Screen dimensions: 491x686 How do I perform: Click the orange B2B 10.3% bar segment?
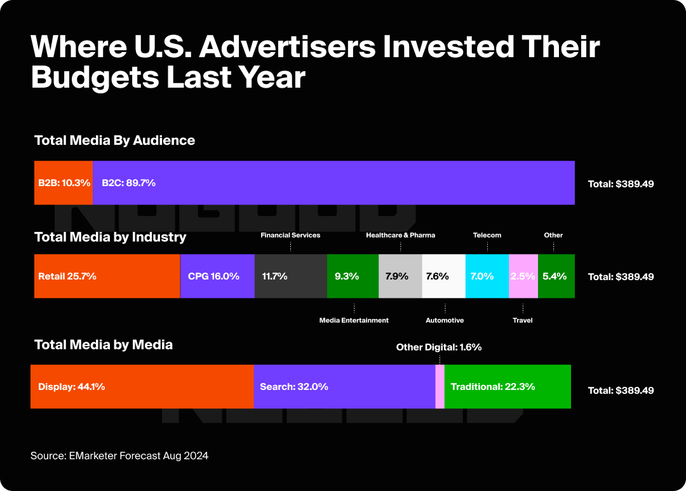pos(63,183)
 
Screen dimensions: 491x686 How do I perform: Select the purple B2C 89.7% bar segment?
pos(333,183)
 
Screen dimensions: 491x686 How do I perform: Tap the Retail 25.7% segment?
pos(107,276)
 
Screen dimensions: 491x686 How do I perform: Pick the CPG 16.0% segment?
pos(217,276)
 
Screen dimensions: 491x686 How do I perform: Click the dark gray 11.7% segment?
pos(291,276)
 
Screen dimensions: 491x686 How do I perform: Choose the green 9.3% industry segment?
pos(353,276)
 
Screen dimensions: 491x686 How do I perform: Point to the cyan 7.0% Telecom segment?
pos(487,276)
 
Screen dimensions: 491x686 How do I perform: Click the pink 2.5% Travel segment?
pos(523,276)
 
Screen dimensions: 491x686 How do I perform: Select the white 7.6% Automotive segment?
pos(444,276)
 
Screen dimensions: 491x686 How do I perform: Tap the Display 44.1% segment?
pos(142,386)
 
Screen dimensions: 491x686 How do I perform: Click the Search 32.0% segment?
pos(344,386)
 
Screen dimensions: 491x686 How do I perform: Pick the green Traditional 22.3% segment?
pos(508,386)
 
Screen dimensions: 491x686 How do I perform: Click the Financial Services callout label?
pos(290,235)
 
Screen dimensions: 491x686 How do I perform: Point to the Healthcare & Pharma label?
pos(400,235)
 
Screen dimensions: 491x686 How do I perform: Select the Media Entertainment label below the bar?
pos(354,320)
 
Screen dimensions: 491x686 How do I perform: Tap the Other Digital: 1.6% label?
pos(439,347)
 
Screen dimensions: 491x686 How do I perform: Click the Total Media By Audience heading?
pos(114,140)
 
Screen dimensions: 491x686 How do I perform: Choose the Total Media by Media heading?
pos(104,344)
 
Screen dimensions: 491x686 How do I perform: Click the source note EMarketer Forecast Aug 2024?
pos(119,455)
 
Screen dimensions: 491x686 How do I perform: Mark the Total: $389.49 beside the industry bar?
pos(621,277)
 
